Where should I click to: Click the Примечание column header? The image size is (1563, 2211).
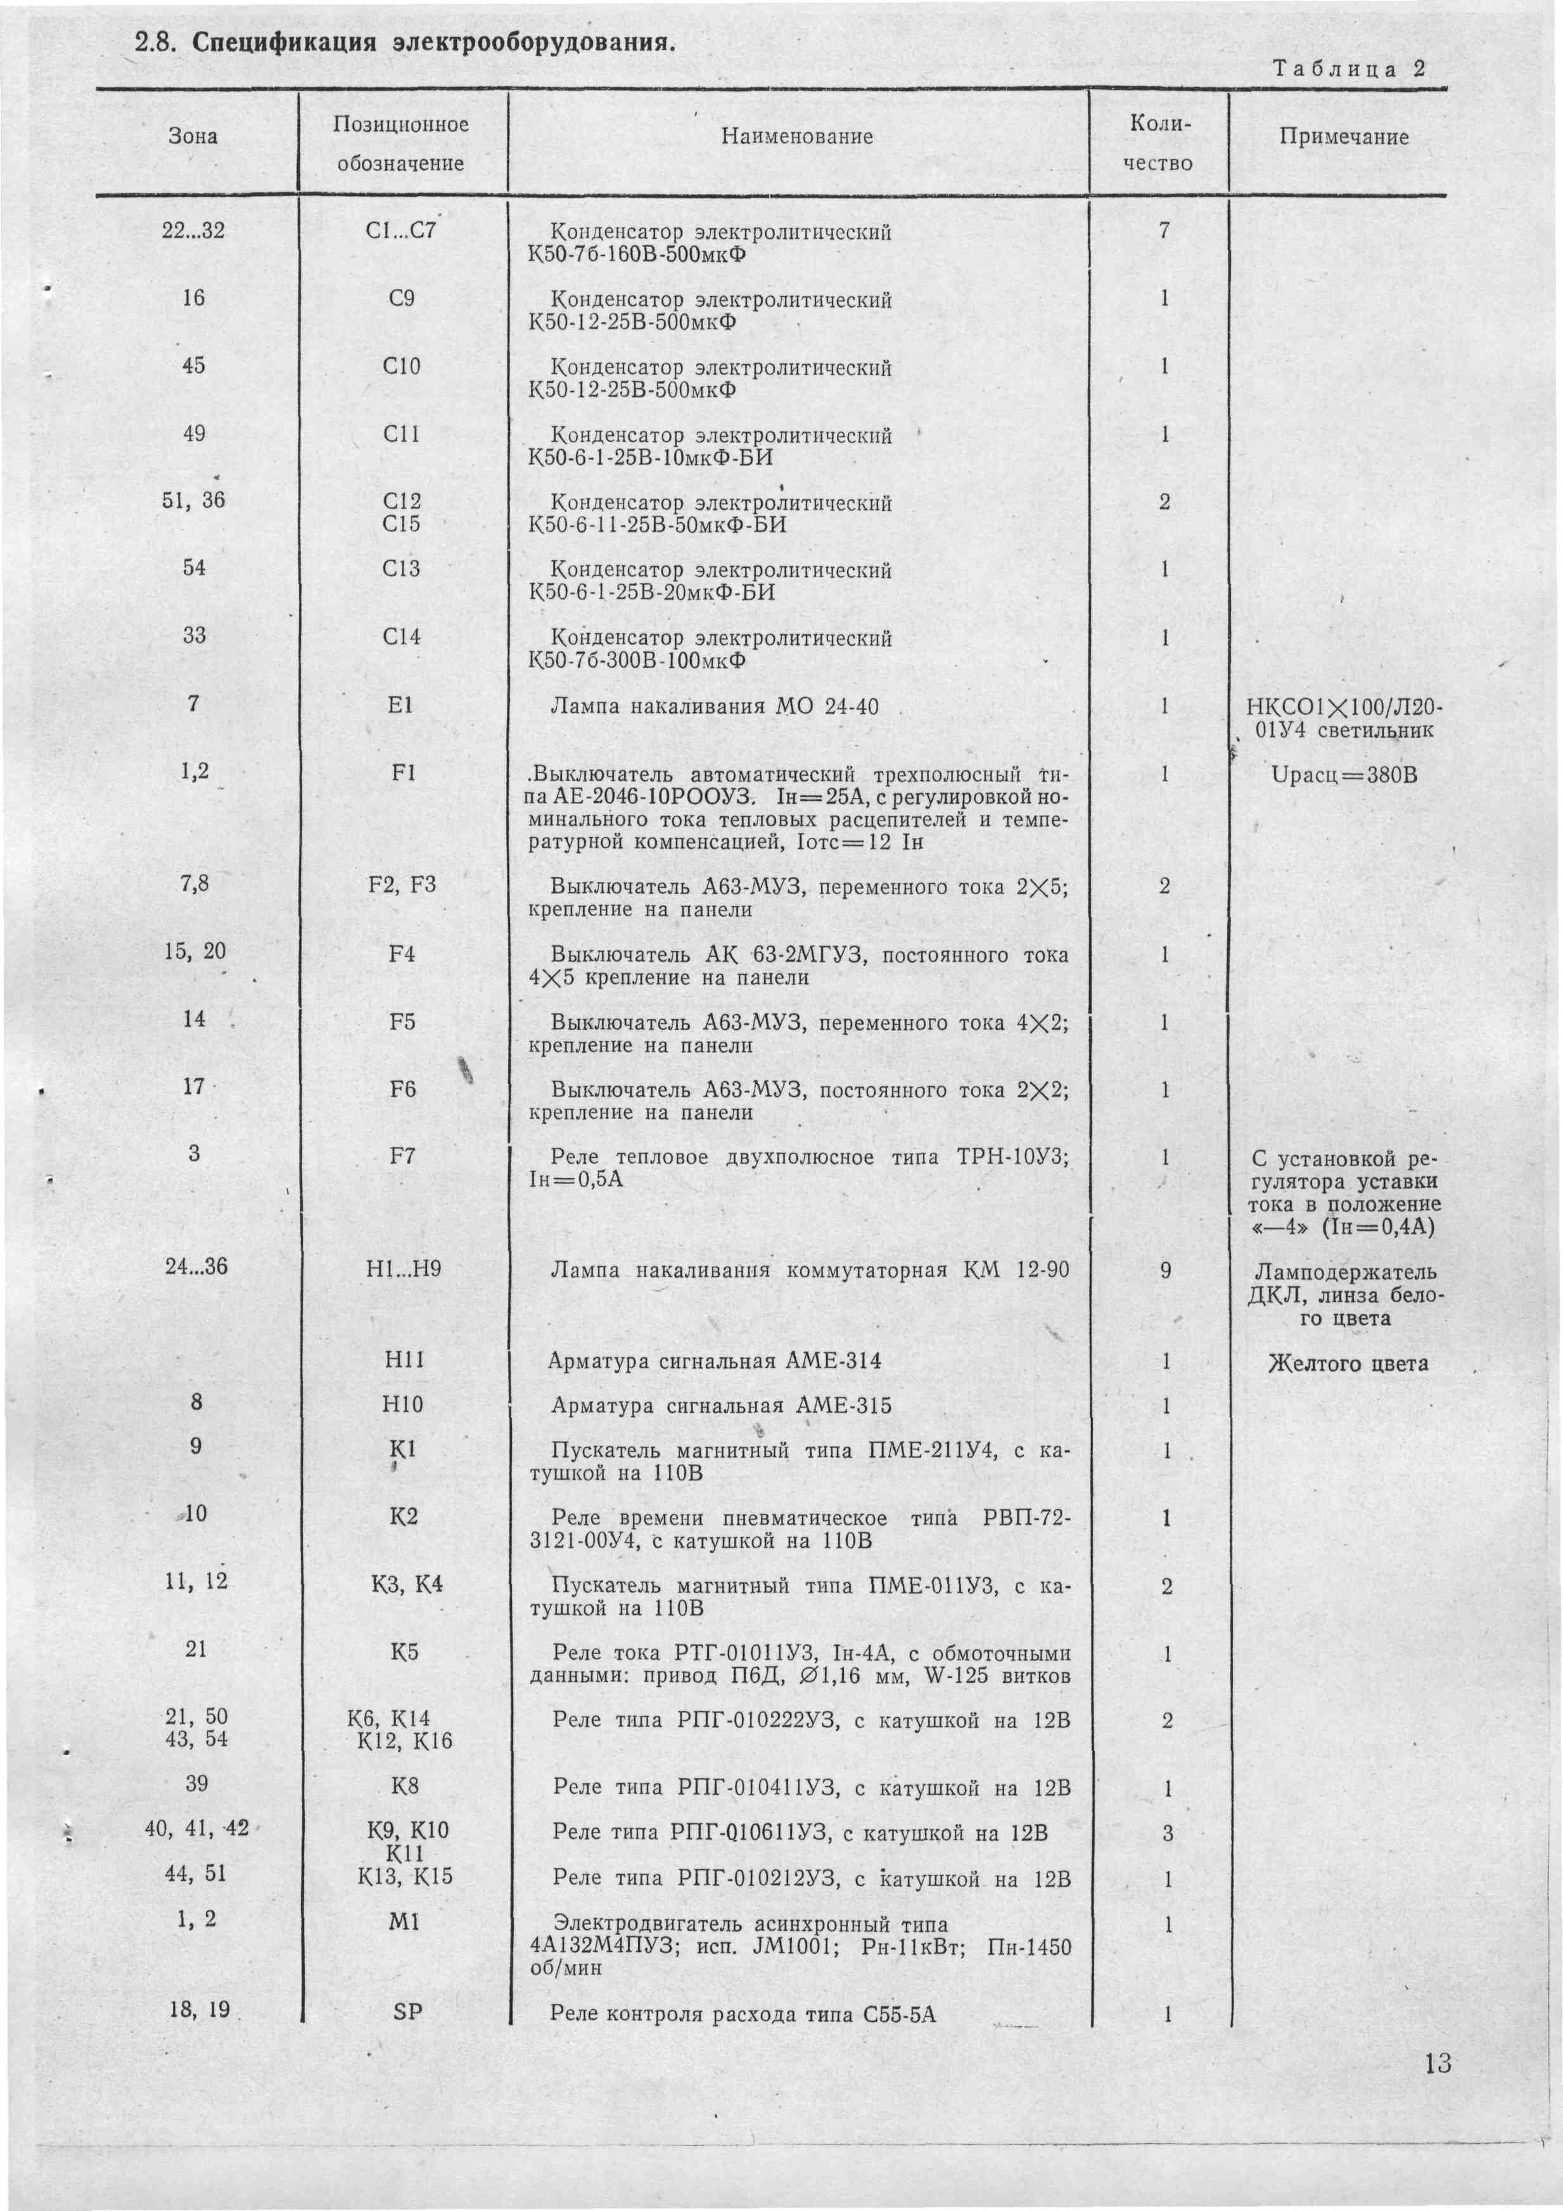[1343, 137]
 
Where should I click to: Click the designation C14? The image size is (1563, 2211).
[402, 636]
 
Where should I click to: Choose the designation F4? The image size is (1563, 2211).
[402, 954]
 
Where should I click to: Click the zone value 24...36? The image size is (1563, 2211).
[196, 1266]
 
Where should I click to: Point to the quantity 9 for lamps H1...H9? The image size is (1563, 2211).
[1165, 1270]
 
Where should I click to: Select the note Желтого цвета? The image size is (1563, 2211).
[1348, 1364]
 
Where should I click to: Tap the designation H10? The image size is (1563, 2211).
[404, 1405]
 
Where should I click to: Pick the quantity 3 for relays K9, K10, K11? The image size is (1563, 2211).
[1167, 1833]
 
